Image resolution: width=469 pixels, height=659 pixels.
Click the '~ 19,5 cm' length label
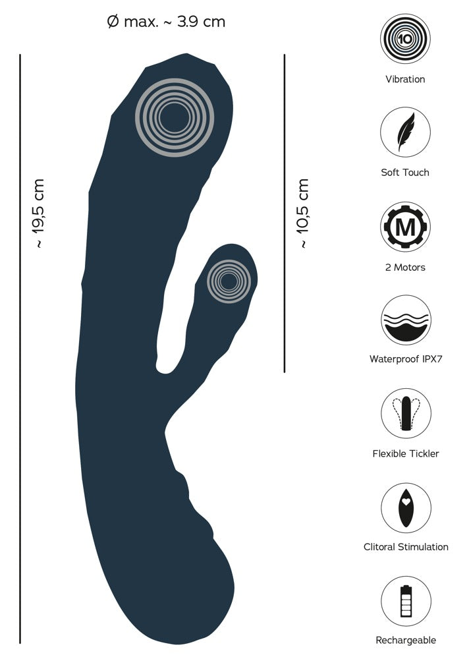coord(38,213)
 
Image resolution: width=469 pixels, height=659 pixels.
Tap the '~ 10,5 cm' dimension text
coord(302,213)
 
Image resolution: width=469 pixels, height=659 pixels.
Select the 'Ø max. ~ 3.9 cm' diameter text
coord(166,22)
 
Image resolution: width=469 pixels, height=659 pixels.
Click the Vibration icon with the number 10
coord(405,39)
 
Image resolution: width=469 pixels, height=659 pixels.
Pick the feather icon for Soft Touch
coord(405,132)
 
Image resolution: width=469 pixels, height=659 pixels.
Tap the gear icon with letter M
coord(405,227)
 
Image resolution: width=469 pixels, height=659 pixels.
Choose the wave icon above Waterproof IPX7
coord(406,320)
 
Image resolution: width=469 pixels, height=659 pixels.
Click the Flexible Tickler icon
coord(406,413)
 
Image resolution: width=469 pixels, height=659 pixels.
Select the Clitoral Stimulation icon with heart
coord(406,507)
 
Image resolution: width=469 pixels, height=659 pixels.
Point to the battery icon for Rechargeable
coord(406,601)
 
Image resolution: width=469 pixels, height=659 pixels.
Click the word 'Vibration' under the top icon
coord(405,79)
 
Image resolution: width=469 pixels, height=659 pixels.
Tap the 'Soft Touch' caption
coord(405,172)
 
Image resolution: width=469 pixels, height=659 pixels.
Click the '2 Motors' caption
coord(405,268)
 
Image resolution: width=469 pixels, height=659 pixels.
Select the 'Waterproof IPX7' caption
coord(406,359)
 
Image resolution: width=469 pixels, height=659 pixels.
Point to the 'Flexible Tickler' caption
coord(406,453)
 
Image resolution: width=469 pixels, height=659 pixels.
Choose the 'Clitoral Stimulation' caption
coord(406,547)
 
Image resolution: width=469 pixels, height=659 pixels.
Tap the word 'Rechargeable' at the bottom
coord(406,641)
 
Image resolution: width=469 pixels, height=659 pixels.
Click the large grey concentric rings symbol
coord(175,118)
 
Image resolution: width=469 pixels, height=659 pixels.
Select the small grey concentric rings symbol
coord(229,281)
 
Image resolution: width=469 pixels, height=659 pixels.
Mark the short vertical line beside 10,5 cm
coord(285,213)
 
